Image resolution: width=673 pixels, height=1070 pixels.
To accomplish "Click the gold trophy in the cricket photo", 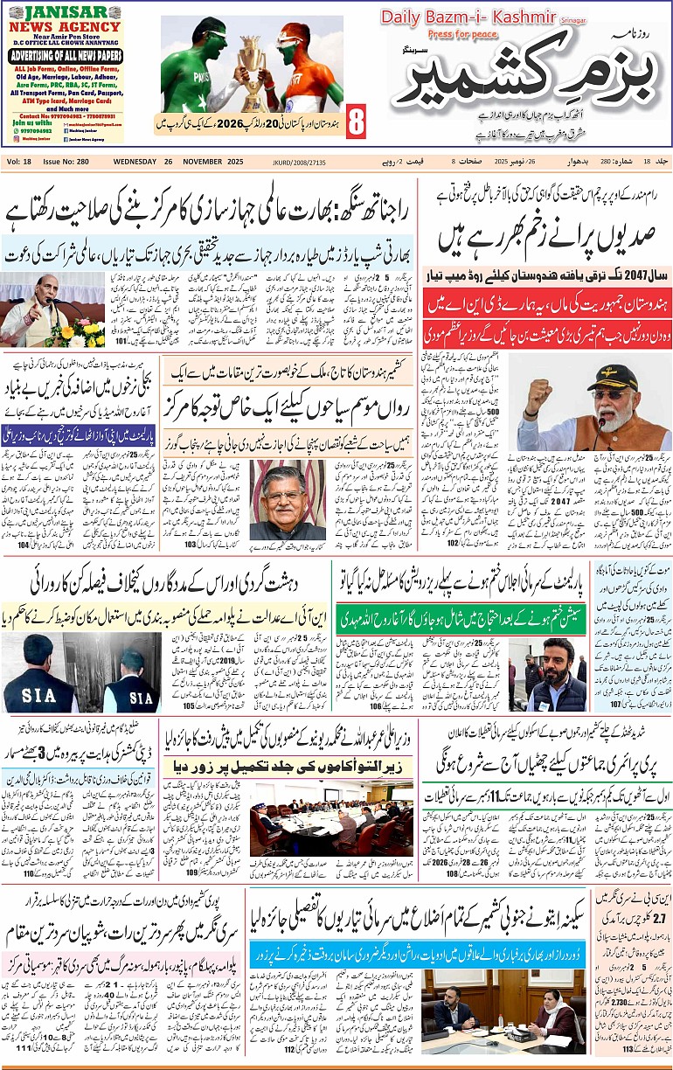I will click(x=252, y=79).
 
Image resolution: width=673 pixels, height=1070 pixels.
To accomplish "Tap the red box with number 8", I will click(x=356, y=122).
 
